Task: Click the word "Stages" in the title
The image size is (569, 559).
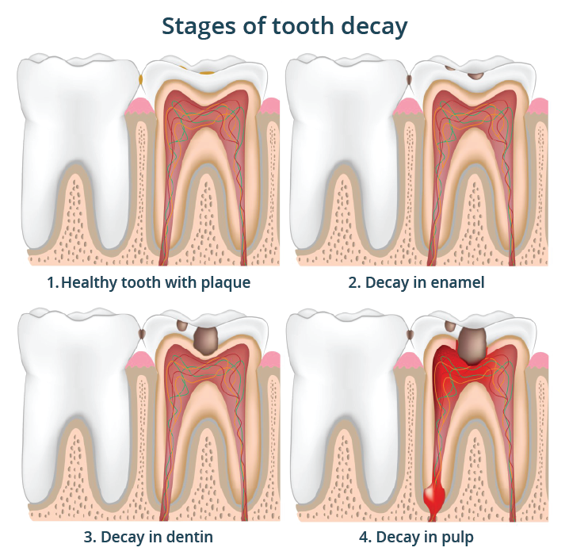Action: click(x=198, y=27)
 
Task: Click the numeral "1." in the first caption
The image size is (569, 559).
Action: click(x=52, y=283)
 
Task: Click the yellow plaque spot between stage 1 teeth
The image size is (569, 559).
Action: click(x=141, y=78)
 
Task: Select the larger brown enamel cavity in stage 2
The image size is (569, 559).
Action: click(x=475, y=76)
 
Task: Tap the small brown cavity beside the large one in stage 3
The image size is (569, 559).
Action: click(x=181, y=326)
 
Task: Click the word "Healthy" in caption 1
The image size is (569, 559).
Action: click(x=90, y=283)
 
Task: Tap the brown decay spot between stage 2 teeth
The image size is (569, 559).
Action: click(x=410, y=79)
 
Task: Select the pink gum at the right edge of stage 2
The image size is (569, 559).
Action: click(x=538, y=106)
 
